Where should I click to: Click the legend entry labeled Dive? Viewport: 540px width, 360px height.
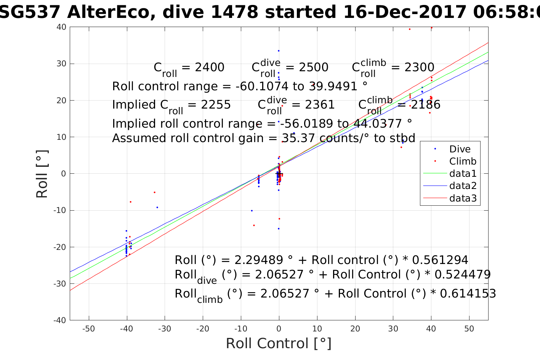460,149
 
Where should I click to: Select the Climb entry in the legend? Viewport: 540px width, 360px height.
463,162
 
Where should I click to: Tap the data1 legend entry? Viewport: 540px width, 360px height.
463,174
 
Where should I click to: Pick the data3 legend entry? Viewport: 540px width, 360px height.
463,198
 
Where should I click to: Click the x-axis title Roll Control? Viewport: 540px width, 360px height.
279,343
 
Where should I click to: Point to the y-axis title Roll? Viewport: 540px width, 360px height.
42,174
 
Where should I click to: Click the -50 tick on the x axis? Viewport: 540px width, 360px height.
88,329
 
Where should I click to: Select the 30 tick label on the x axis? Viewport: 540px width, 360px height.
393,329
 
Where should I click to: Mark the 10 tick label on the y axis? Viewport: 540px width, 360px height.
61,137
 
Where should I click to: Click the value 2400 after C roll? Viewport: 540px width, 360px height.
210,67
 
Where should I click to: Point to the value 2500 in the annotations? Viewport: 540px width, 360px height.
314,67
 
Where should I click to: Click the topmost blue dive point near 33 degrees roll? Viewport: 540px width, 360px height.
279,51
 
